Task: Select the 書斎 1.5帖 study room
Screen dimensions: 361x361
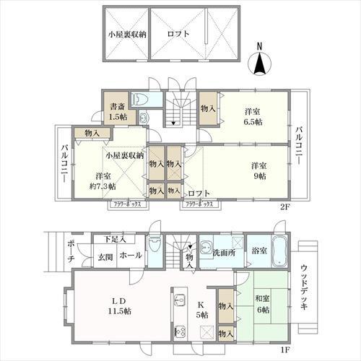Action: coord(115,110)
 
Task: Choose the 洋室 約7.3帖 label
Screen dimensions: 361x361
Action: coord(100,181)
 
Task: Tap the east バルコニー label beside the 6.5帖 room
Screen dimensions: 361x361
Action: coord(299,144)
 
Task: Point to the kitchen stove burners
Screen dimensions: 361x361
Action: coord(180,331)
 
